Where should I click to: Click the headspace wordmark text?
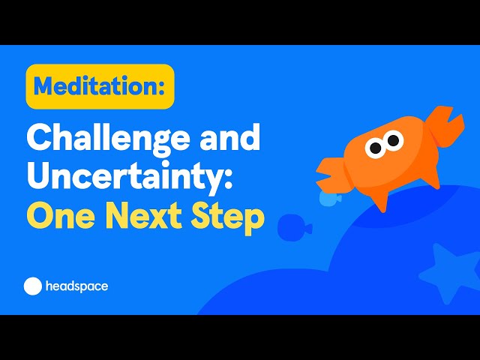(76, 286)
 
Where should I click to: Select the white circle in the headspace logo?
(33, 286)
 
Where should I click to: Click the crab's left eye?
(376, 148)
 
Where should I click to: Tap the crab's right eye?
(393, 140)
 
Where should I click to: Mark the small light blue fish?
(329, 198)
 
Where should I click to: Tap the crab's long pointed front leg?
(380, 199)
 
